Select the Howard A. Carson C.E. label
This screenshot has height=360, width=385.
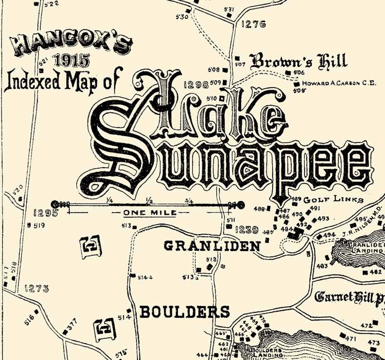[339, 83]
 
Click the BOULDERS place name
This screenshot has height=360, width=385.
[185, 312]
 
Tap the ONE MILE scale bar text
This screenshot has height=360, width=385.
[150, 213]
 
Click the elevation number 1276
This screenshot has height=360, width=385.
[254, 24]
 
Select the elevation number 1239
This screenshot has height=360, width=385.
[247, 230]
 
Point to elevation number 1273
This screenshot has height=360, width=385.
[37, 289]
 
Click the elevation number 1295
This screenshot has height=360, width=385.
[46, 213]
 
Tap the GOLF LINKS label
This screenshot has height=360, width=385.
[333, 199]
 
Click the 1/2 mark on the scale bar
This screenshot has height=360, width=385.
[149, 200]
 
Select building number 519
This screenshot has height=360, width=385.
[39, 226]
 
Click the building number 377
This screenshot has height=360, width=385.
[72, 325]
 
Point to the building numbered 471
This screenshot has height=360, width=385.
[351, 338]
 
